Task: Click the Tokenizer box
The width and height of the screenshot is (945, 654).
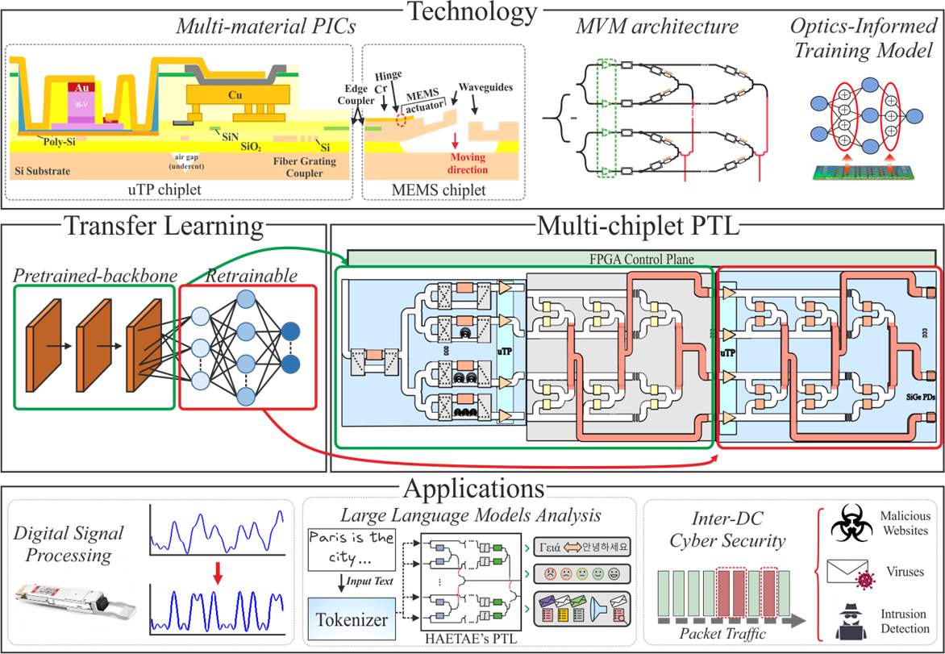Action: pos(351,620)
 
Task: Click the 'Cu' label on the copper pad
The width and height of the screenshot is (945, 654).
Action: pos(235,95)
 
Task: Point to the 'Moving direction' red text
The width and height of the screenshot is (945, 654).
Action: pos(468,164)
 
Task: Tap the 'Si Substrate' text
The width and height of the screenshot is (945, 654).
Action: pos(43,171)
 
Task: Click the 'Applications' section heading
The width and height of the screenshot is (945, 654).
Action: pos(472,489)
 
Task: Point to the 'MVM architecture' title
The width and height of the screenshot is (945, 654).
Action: pos(656,26)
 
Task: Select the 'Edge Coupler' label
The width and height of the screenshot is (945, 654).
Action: pos(355,95)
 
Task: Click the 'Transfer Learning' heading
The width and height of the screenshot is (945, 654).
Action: pos(163,226)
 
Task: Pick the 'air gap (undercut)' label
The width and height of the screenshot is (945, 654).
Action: pos(185,160)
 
